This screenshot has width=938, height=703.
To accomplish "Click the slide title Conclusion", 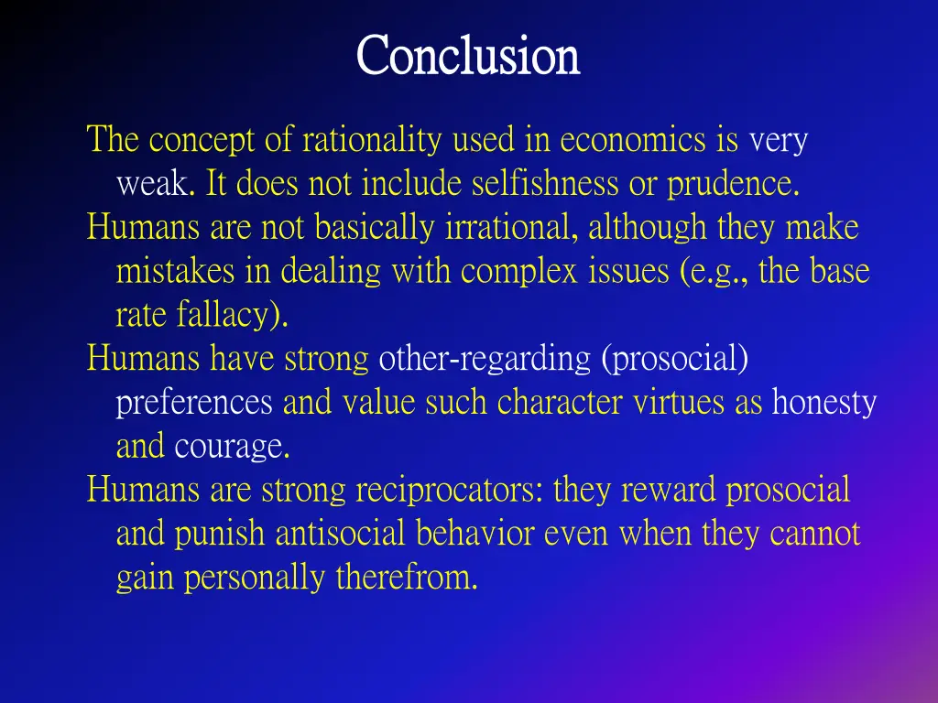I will point(468,56).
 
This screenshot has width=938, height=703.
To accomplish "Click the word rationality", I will point(374,141).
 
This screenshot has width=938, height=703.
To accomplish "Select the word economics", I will point(633,141).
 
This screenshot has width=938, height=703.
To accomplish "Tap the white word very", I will point(778,141).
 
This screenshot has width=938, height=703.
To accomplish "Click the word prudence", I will point(733,184).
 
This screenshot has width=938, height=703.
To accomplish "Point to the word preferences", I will point(194,403).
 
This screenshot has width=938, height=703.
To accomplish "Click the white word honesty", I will point(824,403).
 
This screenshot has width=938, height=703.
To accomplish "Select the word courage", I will point(232,447).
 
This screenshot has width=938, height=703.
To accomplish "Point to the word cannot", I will point(815,534).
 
